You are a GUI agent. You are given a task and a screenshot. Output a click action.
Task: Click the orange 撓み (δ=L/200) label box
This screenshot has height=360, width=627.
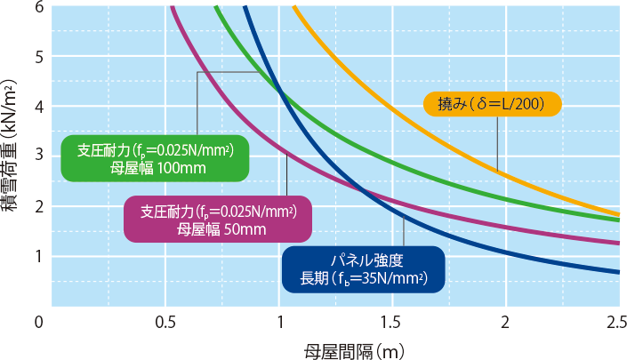[491, 104]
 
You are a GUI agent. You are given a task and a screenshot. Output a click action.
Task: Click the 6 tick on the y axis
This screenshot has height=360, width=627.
[38, 7]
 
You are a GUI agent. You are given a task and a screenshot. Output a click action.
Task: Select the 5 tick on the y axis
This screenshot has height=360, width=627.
[38, 56]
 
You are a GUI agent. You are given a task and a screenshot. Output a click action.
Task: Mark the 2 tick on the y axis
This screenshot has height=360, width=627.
[38, 206]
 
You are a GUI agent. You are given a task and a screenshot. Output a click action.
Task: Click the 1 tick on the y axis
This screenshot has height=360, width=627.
[38, 257]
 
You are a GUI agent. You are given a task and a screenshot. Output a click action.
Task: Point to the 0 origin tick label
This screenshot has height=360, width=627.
[38, 321]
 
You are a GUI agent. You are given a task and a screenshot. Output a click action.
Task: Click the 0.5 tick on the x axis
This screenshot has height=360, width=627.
[165, 321]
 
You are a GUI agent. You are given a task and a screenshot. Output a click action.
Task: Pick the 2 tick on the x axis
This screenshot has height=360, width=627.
[506, 321]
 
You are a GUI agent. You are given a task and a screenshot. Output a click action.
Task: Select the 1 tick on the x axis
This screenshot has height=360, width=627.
[279, 321]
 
